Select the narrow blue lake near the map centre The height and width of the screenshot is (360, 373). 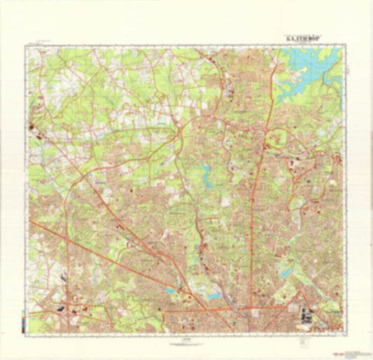coord(206,173)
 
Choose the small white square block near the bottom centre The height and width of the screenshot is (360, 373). coord(255,313)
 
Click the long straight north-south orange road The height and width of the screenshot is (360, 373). coord(256,210)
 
